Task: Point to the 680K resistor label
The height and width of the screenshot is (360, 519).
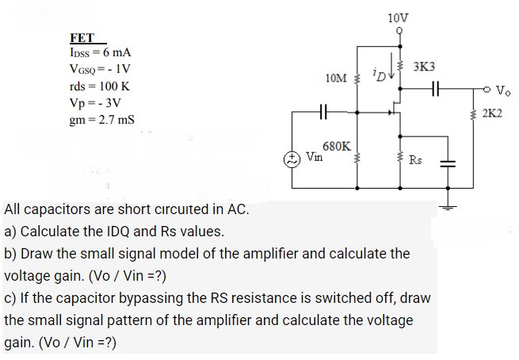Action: (338, 147)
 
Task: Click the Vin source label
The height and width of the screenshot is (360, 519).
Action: (314, 156)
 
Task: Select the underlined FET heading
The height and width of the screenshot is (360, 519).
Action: (82, 38)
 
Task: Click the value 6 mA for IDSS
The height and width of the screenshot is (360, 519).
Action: (116, 52)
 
